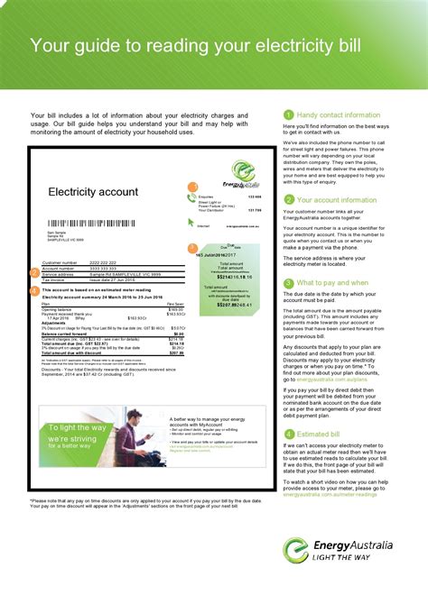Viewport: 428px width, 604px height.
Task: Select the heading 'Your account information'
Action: [337, 200]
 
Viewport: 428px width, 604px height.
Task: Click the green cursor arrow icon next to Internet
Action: [191, 225]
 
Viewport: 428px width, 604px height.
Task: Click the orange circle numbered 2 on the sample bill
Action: [34, 271]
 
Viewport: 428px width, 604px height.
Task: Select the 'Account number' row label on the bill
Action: [60, 268]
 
